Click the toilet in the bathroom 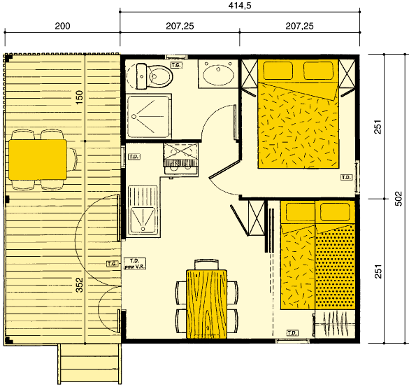[150, 76]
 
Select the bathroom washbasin [219, 74]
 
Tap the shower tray [149, 115]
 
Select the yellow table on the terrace [38, 157]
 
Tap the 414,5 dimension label [241, 6]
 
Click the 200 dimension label [62, 27]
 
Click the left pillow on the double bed [277, 70]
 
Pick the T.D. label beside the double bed [346, 178]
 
